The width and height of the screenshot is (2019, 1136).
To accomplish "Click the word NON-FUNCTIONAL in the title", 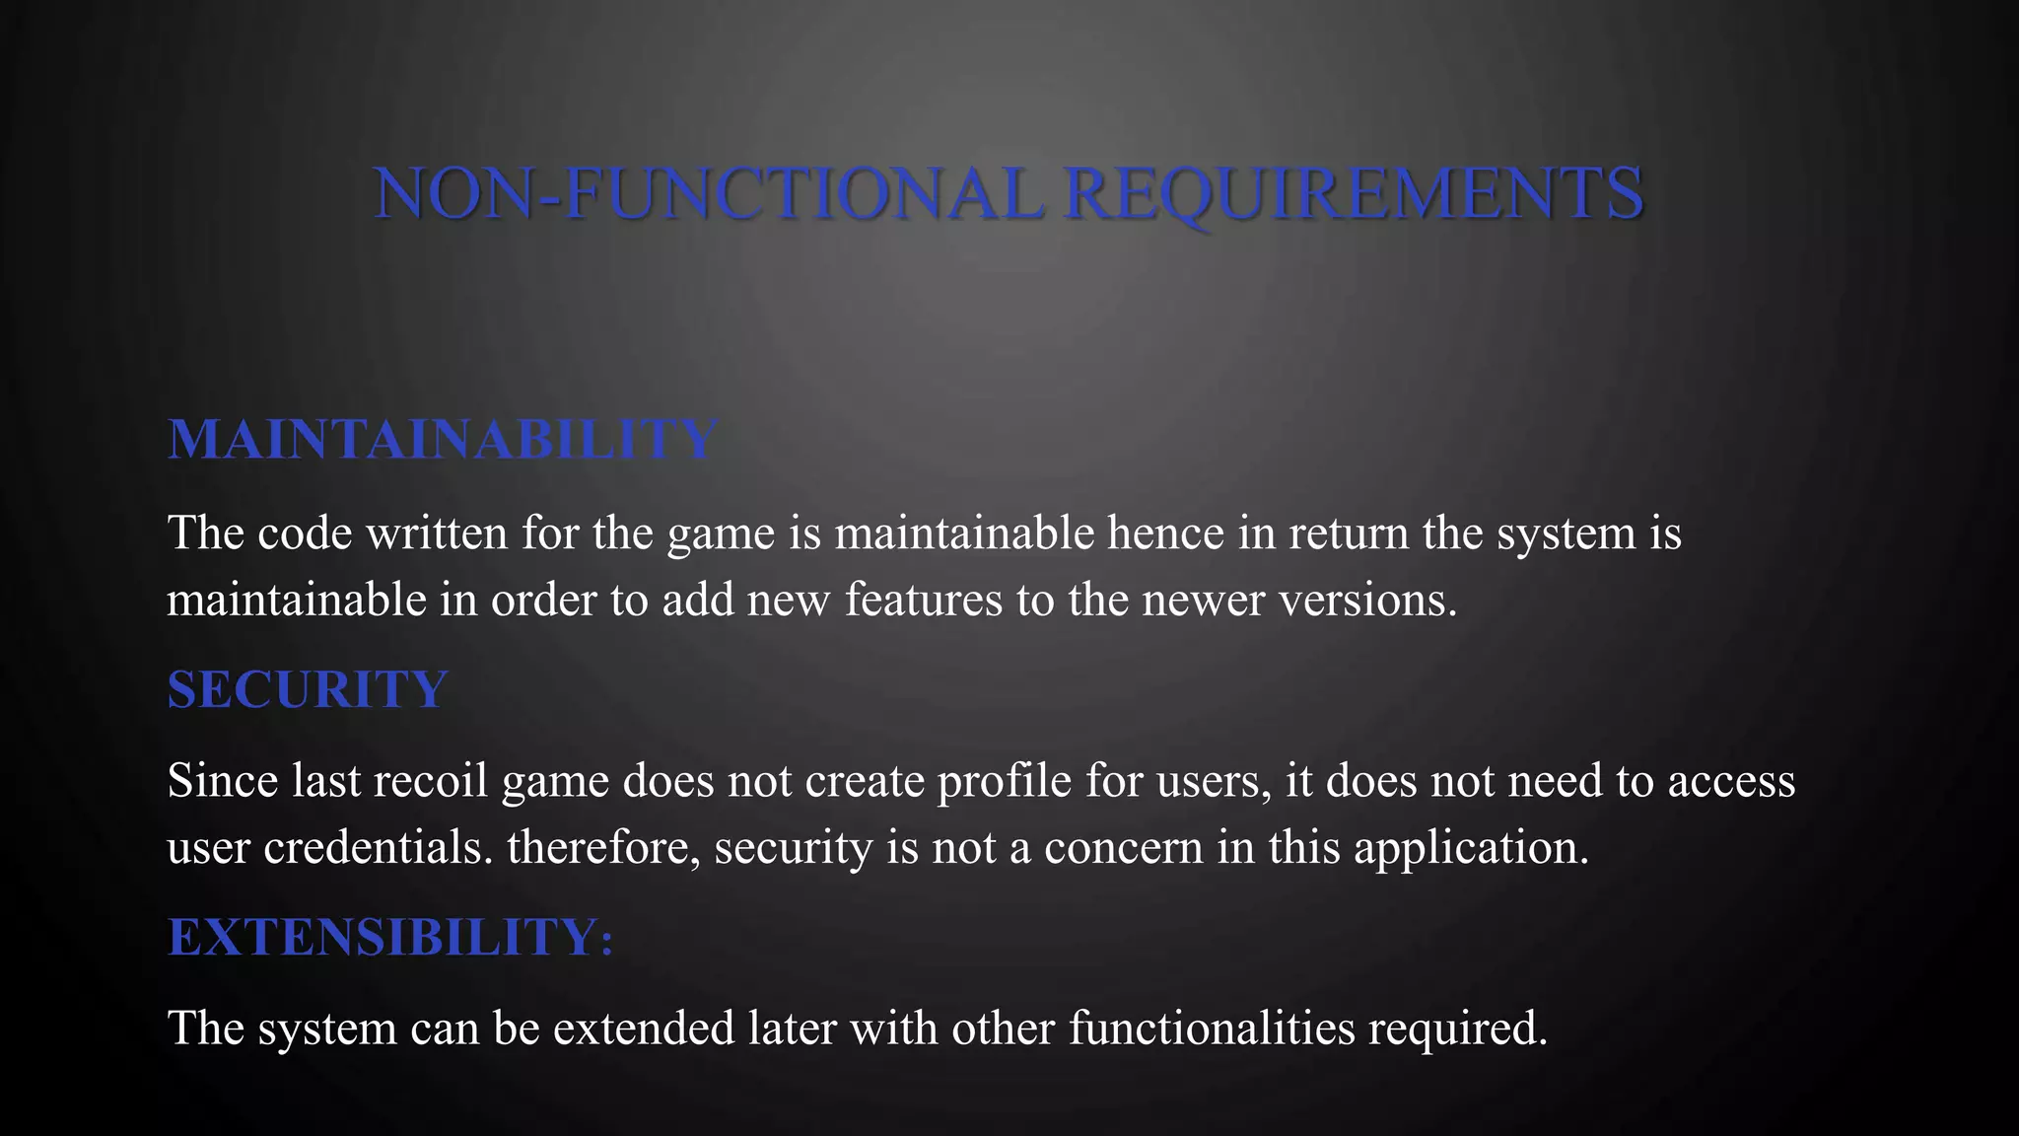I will pyautogui.click(x=708, y=193).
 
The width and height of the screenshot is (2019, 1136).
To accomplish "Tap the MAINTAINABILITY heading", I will pyautogui.click(x=442, y=440).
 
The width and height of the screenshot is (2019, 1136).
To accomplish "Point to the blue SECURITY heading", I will pyautogui.click(x=308, y=689).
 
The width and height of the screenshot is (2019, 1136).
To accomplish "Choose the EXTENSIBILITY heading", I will pyautogui.click(x=382, y=937).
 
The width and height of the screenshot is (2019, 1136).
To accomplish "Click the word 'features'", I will pyautogui.click(x=923, y=600).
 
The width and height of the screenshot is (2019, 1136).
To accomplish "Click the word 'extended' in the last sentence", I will pyautogui.click(x=644, y=1028).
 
